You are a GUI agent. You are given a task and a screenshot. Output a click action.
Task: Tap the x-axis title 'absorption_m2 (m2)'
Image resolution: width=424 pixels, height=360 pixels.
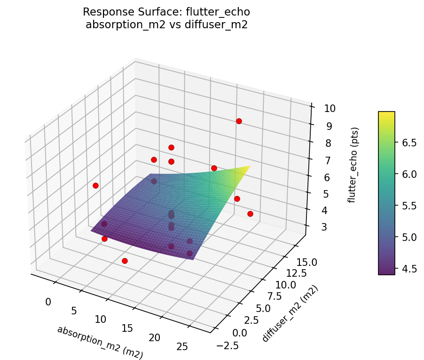(x=100, y=343)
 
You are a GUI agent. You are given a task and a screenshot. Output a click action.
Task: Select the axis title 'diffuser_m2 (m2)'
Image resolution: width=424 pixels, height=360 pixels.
(x=290, y=313)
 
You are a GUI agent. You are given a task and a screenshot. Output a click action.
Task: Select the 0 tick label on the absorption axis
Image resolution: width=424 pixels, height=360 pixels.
(x=48, y=302)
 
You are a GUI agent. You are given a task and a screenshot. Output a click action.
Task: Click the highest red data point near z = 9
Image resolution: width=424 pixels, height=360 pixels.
(x=239, y=121)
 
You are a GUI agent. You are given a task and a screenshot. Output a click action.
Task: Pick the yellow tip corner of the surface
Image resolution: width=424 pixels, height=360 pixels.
(x=250, y=166)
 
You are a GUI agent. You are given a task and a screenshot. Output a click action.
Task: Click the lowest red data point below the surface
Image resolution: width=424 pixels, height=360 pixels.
(x=125, y=261)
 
